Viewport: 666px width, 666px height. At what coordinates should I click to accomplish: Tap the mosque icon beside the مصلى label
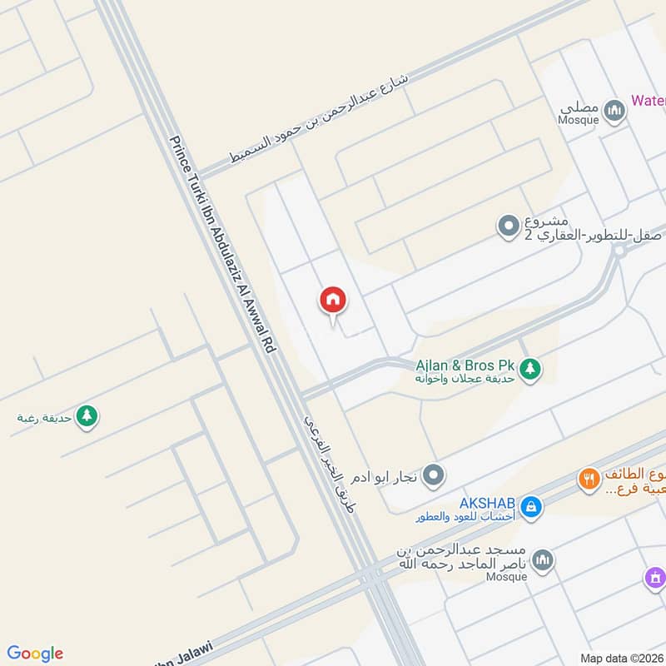pyautogui.click(x=614, y=111)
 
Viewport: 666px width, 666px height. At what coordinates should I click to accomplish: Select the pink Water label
pyautogui.click(x=648, y=101)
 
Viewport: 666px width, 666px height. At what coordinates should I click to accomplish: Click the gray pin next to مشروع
pyautogui.click(x=507, y=226)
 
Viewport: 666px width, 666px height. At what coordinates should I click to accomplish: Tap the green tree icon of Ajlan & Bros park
pyautogui.click(x=530, y=367)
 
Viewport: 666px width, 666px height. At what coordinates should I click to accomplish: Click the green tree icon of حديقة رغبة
pyautogui.click(x=86, y=415)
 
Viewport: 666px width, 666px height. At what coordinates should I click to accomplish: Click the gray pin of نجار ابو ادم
pyautogui.click(x=433, y=476)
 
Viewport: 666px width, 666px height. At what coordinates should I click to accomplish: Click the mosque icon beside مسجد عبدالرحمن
pyautogui.click(x=543, y=559)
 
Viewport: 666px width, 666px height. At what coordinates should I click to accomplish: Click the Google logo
pyautogui.click(x=35, y=654)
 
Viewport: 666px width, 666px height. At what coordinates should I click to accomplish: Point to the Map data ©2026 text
pyautogui.click(x=621, y=658)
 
